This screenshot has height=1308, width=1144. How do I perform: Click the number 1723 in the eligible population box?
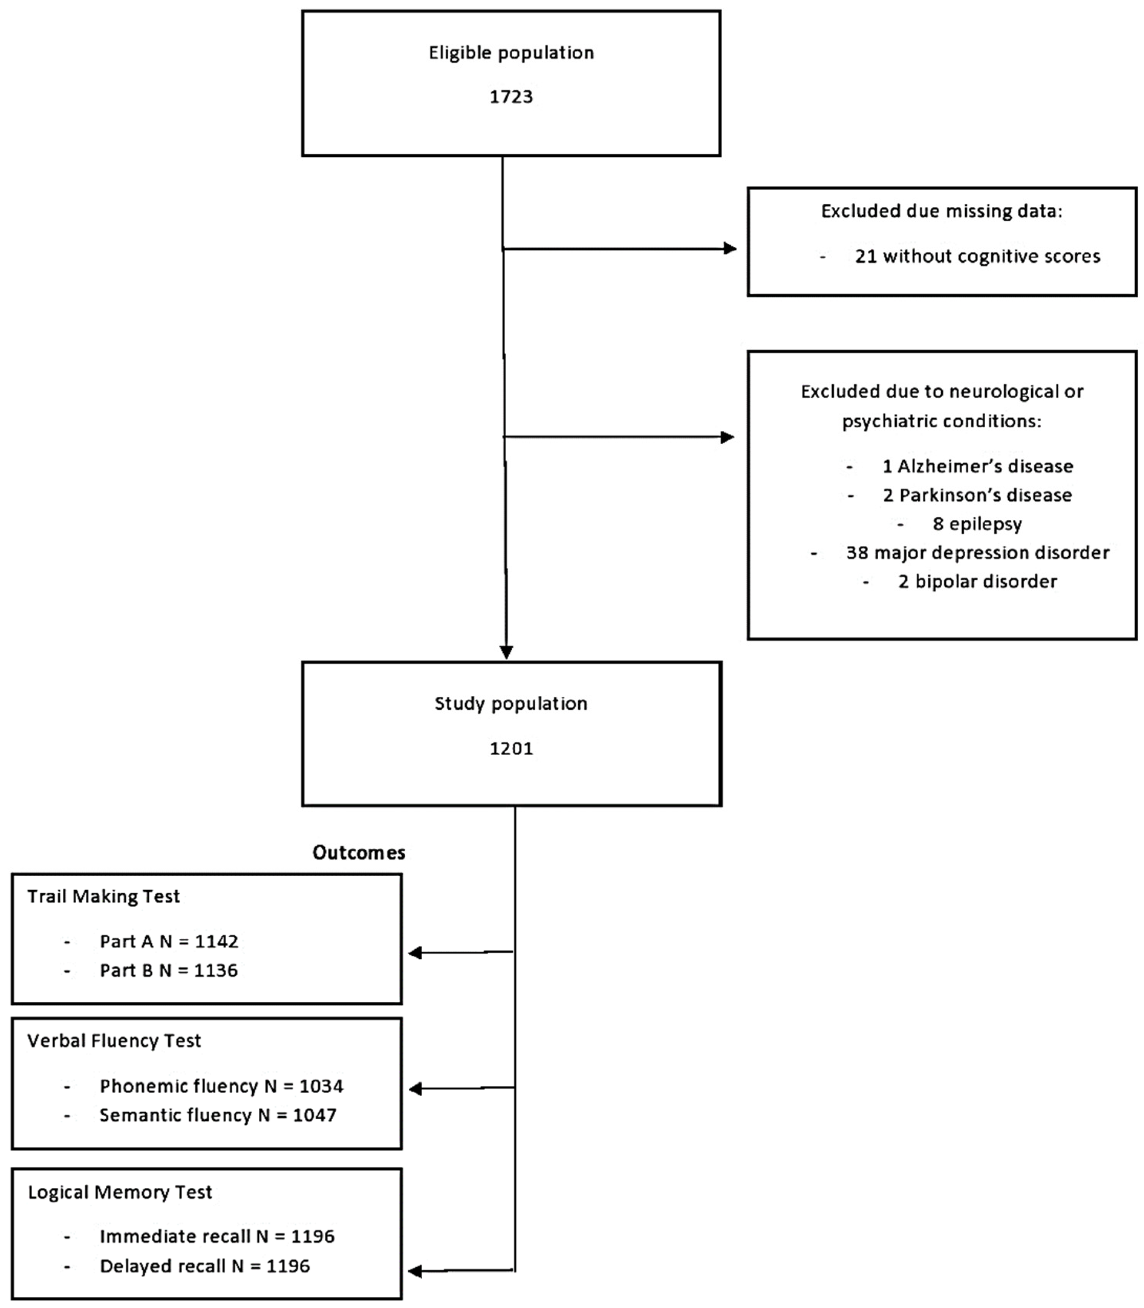click(x=511, y=97)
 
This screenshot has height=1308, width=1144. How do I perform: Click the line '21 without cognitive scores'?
click(x=977, y=257)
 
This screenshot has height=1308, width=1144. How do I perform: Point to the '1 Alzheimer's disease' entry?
click(x=977, y=466)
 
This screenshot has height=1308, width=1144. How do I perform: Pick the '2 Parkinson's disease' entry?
click(x=977, y=495)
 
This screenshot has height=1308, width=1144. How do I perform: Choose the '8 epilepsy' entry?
click(x=977, y=524)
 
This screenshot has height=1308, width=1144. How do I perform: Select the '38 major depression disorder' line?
click(x=977, y=553)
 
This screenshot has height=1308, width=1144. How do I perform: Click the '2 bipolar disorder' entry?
click(x=977, y=581)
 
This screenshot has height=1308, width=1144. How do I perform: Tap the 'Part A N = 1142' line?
click(x=169, y=942)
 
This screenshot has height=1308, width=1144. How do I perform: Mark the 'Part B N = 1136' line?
click(x=169, y=971)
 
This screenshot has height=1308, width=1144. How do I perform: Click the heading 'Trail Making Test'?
click(x=103, y=896)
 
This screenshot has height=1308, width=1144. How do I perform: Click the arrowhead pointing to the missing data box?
click(x=730, y=249)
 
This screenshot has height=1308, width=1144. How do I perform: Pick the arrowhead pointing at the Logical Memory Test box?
click(x=415, y=1271)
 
